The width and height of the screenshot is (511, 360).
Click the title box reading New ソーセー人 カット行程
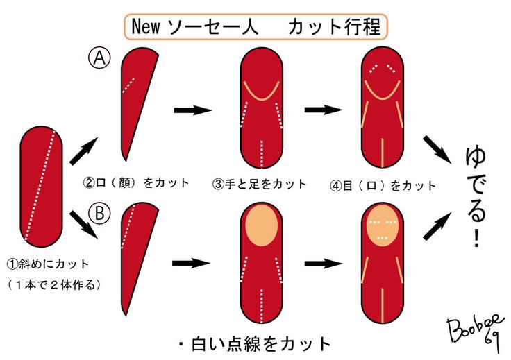tap(255, 27)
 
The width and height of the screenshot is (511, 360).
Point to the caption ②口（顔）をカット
tap(136, 183)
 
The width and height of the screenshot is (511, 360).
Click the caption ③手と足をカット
tap(260, 184)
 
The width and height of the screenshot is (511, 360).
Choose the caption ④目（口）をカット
tap(383, 185)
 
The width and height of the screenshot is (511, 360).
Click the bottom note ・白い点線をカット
tap(254, 343)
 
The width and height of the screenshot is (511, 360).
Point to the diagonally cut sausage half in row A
tap(135, 104)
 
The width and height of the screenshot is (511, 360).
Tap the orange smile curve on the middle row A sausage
tap(261, 92)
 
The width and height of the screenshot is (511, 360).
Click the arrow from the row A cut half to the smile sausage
tap(192, 110)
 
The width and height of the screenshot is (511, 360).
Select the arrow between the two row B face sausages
tap(324, 264)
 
